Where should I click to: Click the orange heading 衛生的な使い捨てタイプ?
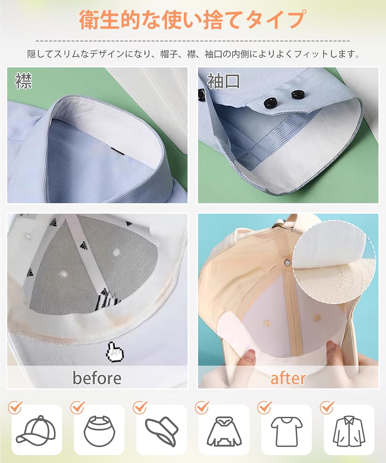coord(193,20)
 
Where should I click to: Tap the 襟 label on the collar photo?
coord(23,81)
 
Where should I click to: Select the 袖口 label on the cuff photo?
coord(223,81)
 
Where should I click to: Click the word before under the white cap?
coord(97,378)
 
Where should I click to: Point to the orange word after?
coord(288,378)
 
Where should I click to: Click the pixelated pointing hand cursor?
coord(115,352)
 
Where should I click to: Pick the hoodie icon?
coord(224,431)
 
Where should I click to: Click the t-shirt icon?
coord(286,432)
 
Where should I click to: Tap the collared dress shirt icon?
coord(349,431)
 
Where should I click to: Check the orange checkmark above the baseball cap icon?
coord(15,407)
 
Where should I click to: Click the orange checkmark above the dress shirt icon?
coord(327,407)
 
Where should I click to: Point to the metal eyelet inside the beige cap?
coord(288,263)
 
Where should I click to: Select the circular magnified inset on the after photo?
coord(334,262)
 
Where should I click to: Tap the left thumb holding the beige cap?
coord(249,358)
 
